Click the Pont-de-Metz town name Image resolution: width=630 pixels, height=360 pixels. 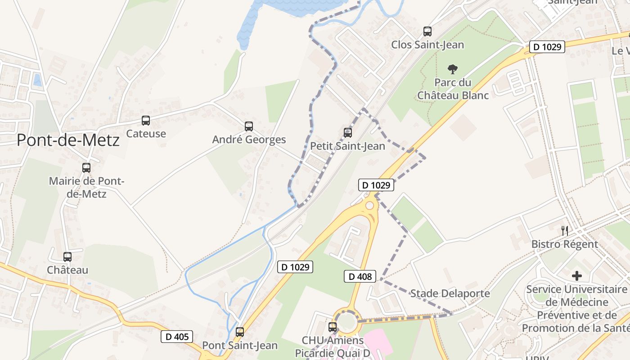[68, 140]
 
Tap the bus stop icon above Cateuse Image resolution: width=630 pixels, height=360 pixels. [146, 121]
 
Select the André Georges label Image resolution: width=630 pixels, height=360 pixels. [249, 139]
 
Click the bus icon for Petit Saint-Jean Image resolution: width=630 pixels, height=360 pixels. [347, 133]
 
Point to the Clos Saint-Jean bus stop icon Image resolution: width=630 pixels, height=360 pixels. [427, 31]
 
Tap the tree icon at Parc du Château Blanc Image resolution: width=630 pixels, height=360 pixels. [453, 69]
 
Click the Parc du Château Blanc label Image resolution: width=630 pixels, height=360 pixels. [453, 89]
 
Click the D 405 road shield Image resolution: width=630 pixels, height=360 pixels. [177, 337]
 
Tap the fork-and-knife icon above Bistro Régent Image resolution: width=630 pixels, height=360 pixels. [565, 231]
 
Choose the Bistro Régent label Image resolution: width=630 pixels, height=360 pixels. [565, 244]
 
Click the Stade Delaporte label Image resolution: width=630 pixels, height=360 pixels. [450, 293]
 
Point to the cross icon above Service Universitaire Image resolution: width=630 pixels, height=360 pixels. [576, 276]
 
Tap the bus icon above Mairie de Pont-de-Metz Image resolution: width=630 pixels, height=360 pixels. [86, 168]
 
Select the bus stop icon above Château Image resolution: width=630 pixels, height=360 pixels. [67, 257]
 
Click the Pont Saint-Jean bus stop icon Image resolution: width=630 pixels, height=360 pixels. [240, 332]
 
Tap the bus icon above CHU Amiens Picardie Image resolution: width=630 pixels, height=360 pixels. [333, 327]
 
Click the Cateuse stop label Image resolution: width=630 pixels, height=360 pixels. [146, 134]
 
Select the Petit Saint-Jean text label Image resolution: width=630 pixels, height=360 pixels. [347, 146]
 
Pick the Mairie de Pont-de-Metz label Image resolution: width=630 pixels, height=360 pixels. [86, 187]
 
